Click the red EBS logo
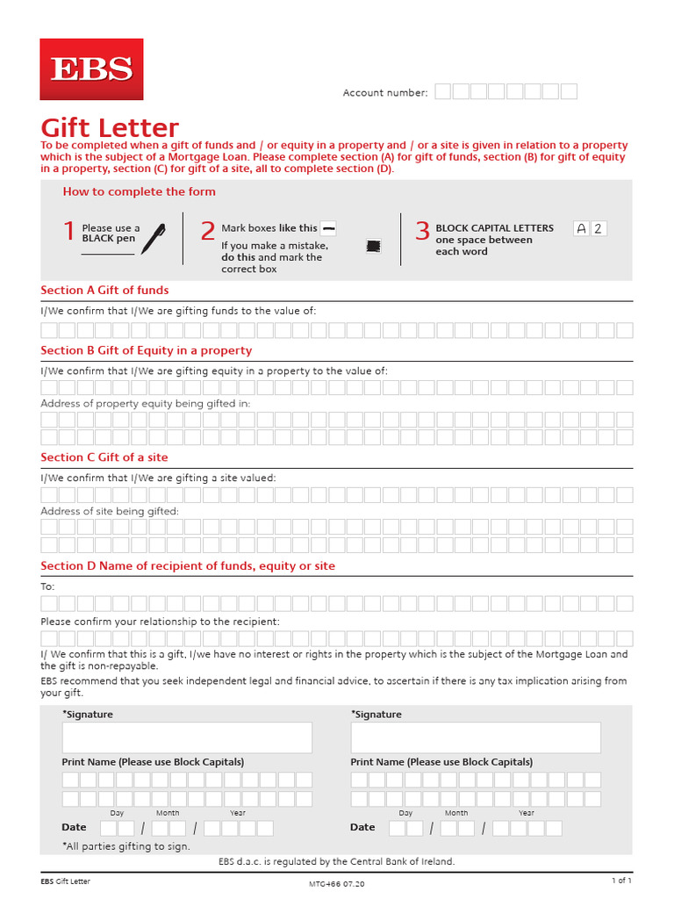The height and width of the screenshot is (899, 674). (x=92, y=69)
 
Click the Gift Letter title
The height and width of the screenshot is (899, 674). (x=110, y=128)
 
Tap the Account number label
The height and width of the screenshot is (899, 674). (x=385, y=92)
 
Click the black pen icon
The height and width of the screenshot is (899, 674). (x=153, y=238)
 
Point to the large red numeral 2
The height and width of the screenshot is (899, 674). (x=207, y=232)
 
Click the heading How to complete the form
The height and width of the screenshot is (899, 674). (x=139, y=191)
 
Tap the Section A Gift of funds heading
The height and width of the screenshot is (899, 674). (x=104, y=290)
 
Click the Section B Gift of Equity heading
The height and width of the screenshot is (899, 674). (x=146, y=350)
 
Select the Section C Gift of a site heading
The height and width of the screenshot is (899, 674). (x=104, y=457)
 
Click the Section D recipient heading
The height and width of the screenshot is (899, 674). (x=188, y=566)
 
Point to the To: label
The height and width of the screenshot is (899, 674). (x=48, y=586)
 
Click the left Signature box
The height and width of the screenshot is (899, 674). (x=187, y=737)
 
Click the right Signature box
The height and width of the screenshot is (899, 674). (x=476, y=737)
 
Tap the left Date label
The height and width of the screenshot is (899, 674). (x=74, y=827)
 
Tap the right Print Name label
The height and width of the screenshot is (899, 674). (x=441, y=762)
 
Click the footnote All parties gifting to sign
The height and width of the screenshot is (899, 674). (x=125, y=846)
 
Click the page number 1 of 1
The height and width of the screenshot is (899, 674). (x=621, y=881)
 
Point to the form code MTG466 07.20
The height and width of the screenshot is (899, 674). (x=337, y=883)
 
